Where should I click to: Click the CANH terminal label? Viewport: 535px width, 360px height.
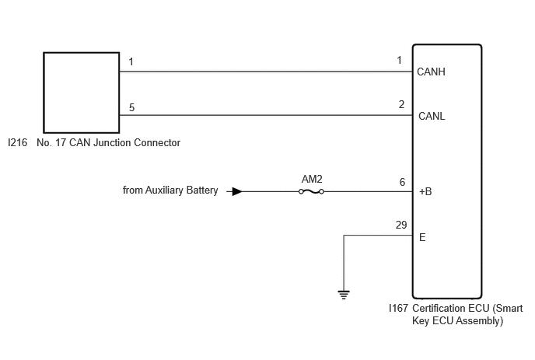click(x=431, y=72)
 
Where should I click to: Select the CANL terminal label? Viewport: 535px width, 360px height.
click(x=432, y=116)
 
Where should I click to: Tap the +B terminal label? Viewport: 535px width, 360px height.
click(x=425, y=191)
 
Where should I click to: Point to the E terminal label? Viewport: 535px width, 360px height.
click(x=422, y=237)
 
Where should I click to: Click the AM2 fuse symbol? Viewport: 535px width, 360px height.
click(x=311, y=192)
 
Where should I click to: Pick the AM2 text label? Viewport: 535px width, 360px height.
click(x=312, y=179)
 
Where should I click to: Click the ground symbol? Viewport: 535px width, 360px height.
click(x=344, y=295)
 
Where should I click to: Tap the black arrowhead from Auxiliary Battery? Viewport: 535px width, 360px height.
click(x=237, y=191)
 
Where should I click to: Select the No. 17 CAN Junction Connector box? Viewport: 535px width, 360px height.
click(x=81, y=93)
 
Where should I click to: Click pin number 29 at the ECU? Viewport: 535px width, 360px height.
click(x=401, y=225)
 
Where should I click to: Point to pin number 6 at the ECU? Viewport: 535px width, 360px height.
click(x=402, y=182)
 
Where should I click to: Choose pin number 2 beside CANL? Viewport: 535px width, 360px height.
click(x=401, y=104)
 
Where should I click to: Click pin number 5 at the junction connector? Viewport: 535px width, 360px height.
click(x=131, y=107)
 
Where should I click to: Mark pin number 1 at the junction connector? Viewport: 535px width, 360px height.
click(x=131, y=61)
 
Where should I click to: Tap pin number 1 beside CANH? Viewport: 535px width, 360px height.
click(x=399, y=61)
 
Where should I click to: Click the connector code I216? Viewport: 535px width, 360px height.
click(x=18, y=142)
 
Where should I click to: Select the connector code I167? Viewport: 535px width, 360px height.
click(x=398, y=308)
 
